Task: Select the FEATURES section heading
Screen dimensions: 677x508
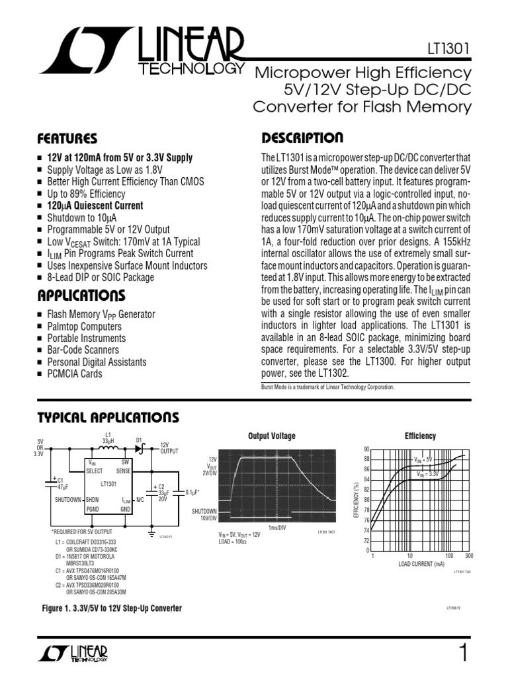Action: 67,139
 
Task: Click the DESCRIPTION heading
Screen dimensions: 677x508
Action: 302,138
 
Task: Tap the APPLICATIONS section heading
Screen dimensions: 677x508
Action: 81,294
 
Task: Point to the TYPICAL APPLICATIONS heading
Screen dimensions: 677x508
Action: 107,417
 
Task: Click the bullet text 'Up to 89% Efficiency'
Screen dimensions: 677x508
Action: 85,194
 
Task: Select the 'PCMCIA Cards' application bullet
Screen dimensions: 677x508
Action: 74,374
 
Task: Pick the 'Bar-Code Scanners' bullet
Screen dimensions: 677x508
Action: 83,350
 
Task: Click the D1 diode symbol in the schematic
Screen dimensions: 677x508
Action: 140,448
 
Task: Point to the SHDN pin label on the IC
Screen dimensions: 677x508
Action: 92,499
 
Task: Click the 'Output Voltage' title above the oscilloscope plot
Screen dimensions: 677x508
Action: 271,436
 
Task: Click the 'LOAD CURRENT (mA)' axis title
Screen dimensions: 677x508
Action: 421,564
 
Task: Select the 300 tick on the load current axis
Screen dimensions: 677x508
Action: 469,556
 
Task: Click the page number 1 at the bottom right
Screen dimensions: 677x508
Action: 462,653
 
